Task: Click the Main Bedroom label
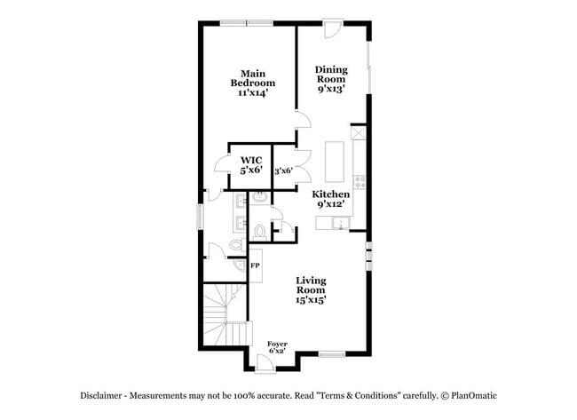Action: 253,78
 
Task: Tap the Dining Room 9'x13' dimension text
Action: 331,89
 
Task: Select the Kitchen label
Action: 331,194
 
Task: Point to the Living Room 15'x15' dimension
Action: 311,300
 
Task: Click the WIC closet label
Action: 251,160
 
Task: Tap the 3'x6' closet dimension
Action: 283,170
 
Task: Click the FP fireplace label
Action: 256,265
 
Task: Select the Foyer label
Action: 277,345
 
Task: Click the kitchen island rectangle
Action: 334,162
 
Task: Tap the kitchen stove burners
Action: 360,181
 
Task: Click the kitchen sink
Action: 341,223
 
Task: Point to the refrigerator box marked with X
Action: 360,132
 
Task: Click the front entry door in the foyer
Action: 265,364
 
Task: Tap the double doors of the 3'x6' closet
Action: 304,166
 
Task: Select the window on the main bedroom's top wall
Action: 247,23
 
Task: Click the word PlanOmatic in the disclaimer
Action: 474,396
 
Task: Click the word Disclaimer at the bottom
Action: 101,396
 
